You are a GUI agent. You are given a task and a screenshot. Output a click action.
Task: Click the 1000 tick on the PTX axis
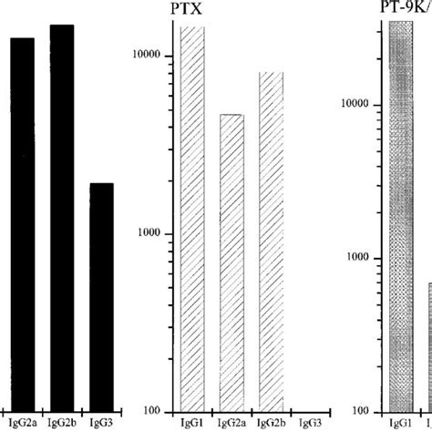(159, 233)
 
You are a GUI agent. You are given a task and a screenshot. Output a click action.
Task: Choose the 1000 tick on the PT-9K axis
(359, 258)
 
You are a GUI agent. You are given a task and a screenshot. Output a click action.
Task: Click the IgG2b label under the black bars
(62, 422)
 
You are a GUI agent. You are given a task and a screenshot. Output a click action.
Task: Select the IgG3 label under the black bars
(101, 422)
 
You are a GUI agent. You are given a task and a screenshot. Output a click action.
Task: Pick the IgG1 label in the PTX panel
(192, 423)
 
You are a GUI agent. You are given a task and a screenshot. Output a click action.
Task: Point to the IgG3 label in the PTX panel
(310, 423)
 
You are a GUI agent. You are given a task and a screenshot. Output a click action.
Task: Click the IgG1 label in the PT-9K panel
(400, 423)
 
